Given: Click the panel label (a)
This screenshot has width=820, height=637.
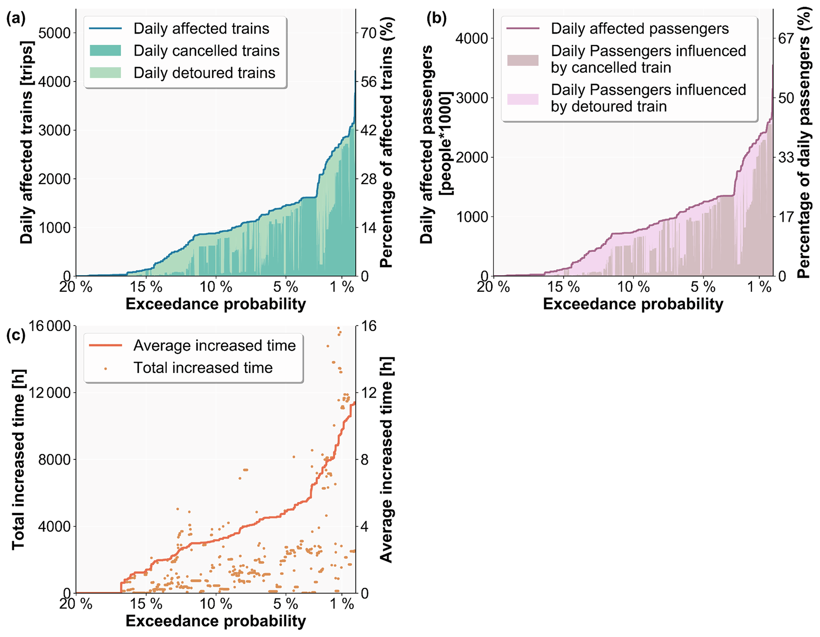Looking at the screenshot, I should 16,19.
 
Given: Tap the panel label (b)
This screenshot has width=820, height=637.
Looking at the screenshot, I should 436,19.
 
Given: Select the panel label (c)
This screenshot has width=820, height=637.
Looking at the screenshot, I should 16,335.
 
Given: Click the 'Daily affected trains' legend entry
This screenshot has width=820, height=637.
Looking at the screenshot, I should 201,29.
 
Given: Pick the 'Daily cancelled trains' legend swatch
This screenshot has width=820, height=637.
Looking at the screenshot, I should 105,51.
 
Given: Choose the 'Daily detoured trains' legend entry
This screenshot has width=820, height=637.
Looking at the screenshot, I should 204,73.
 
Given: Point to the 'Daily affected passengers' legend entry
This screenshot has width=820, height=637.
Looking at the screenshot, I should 639,29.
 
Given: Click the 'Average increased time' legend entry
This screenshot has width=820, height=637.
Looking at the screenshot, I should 214,345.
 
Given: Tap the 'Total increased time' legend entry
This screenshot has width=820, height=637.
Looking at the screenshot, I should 203,368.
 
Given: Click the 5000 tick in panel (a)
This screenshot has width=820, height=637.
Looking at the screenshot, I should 54,33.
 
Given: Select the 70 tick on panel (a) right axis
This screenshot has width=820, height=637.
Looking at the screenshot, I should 368,33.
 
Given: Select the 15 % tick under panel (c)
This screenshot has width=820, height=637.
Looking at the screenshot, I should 146,604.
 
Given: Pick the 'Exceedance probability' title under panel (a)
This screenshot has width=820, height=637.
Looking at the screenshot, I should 216,304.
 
